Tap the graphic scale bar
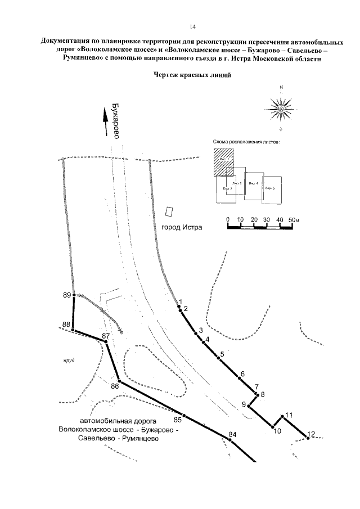pos(260,227)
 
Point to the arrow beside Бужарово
pos(105,120)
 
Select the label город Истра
pos(181,228)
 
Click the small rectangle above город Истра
pos(168,212)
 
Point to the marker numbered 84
pos(229,440)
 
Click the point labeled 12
pos(308,438)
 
